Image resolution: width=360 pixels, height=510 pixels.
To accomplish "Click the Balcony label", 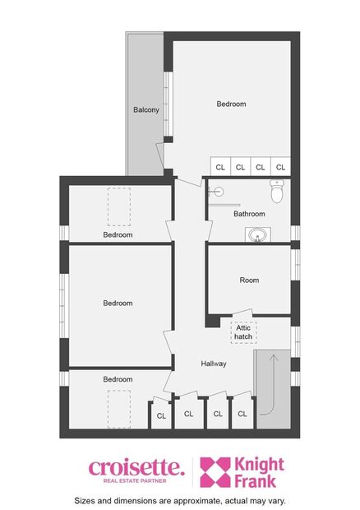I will [x=145, y=109].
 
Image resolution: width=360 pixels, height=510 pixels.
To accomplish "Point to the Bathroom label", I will [x=249, y=214].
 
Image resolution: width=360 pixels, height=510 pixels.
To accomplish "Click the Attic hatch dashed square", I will [x=243, y=331].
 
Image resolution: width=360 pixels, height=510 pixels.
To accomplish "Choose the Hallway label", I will [x=214, y=364].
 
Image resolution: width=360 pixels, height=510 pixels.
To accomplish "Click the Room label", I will [x=249, y=280].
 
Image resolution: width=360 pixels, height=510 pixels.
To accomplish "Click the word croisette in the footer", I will [x=136, y=467].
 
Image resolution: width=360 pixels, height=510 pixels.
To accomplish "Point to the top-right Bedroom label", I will [x=231, y=104].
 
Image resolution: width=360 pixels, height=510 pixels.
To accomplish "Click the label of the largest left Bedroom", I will [x=118, y=304].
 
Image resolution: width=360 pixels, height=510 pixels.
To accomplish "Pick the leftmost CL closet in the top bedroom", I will [x=220, y=167].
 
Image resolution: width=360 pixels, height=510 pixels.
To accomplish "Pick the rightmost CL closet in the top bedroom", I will [x=280, y=167].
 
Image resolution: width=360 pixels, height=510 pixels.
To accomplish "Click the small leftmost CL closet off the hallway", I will [x=161, y=416].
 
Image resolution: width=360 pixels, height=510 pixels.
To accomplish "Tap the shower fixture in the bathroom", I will [x=217, y=192].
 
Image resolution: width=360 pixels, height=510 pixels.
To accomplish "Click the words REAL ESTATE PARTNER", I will [x=136, y=481].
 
